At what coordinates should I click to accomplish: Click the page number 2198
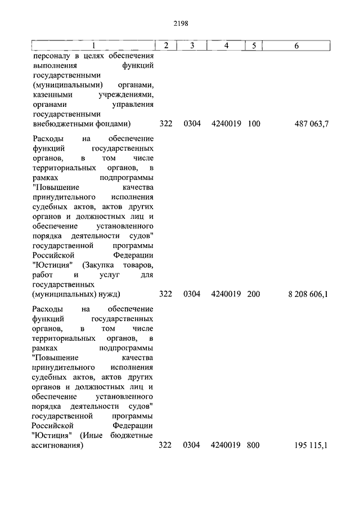(181, 24)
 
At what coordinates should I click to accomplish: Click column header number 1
(93, 46)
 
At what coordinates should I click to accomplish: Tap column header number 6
(296, 46)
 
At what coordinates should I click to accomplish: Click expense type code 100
(254, 124)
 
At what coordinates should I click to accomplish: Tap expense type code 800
(254, 445)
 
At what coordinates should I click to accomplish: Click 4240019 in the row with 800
(226, 445)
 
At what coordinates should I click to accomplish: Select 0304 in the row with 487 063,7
(191, 124)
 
